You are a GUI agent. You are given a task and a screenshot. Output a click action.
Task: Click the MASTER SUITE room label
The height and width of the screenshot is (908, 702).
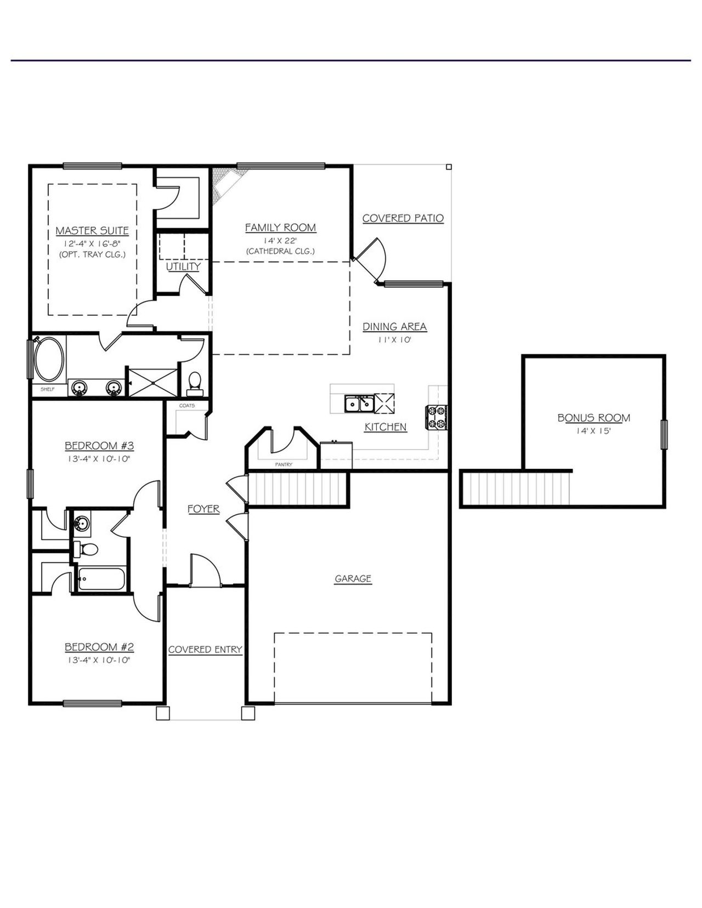click(x=92, y=231)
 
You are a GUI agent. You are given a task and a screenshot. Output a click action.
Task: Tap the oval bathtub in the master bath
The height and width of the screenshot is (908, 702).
click(x=49, y=360)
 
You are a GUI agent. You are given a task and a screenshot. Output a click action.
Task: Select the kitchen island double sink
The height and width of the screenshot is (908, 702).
click(x=359, y=404)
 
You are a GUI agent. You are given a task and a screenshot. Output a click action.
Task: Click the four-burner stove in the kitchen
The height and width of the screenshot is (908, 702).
click(x=437, y=417)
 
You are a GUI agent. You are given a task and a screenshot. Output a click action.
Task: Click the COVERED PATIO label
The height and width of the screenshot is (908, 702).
click(x=403, y=218)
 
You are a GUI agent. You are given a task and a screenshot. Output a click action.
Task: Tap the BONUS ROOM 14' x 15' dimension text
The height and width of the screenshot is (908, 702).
click(x=593, y=432)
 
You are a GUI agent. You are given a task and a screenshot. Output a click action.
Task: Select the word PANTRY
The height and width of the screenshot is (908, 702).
click(x=284, y=464)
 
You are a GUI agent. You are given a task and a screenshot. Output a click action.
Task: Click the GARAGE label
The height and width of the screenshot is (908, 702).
click(x=353, y=578)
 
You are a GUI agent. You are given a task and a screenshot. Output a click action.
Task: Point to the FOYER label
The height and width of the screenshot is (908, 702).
click(x=203, y=509)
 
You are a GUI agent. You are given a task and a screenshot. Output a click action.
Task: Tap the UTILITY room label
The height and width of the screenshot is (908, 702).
click(x=183, y=266)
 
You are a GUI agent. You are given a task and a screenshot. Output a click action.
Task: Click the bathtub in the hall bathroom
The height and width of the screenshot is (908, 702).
click(x=101, y=578)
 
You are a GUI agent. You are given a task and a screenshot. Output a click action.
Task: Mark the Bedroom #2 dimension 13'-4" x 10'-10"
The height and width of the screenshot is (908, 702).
click(x=99, y=660)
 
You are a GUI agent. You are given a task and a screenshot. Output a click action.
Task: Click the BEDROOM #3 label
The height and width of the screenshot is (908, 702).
click(x=99, y=445)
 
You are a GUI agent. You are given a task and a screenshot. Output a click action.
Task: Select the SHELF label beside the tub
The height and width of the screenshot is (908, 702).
click(x=48, y=389)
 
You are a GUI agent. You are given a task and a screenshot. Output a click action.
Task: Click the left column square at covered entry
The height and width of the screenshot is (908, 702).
click(x=163, y=713)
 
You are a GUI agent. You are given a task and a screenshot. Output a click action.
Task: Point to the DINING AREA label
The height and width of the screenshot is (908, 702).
click(x=394, y=327)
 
